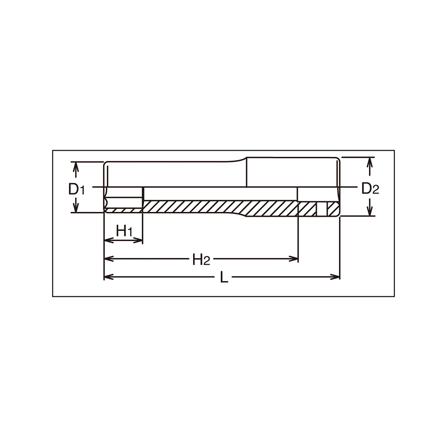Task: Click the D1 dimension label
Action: (x=76, y=189)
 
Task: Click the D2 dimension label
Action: (x=370, y=189)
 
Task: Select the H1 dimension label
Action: (x=124, y=231)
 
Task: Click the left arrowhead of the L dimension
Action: (x=109, y=277)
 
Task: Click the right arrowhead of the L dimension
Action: (x=335, y=277)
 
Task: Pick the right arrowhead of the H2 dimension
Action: (x=293, y=259)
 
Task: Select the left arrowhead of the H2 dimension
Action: (x=109, y=259)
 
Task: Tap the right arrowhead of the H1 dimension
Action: (x=138, y=240)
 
